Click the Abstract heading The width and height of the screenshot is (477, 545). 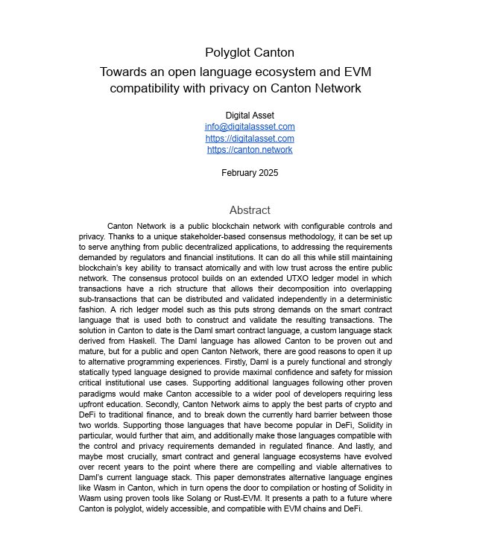pos(250,210)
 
